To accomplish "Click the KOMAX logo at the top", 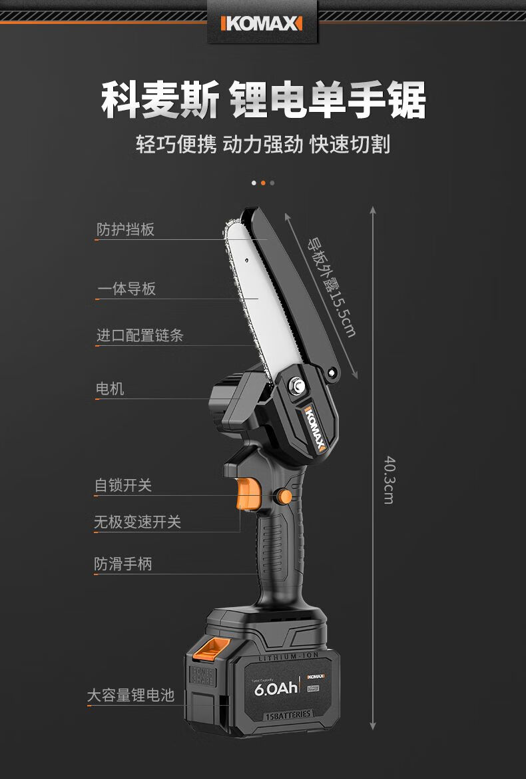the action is pos(262,25).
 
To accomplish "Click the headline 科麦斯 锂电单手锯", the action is pos(263,100).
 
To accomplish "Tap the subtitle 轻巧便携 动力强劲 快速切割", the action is pos(263,145).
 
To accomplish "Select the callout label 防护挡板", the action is pos(125,230).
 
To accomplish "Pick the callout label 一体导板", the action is pos(126,289).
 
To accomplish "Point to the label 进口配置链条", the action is pos(140,335).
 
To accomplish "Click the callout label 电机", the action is pos(110,389).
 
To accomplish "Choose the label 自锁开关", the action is pos(123,485).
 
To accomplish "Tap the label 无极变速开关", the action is pos(137,522).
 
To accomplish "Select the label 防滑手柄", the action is pos(123,564).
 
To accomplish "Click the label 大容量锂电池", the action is pos(131,696).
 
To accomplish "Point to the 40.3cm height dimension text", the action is pos(388,479).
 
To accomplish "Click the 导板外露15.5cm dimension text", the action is pos(331,287).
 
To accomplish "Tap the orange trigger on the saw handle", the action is pos(248,496).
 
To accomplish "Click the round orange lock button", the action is pos(284,496).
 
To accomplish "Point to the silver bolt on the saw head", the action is pos(295,385).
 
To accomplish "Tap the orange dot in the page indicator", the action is pos(263,183).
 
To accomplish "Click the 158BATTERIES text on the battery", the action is pos(288,715).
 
